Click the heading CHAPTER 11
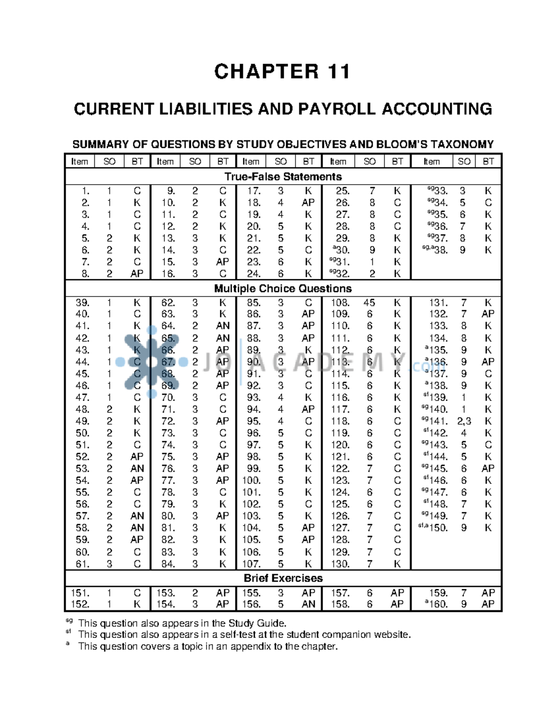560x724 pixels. pos(282,72)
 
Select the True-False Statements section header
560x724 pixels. pos(283,177)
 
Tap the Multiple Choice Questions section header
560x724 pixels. pos(283,289)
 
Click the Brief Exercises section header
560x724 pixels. pos(283,578)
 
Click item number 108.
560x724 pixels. pos(340,303)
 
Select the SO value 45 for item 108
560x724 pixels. pos(369,303)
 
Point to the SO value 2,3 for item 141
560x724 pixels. pos(464,421)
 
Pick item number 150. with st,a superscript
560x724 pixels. pos(438,528)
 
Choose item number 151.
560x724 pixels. pos(80,593)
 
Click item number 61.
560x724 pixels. pos(83,564)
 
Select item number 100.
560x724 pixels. pos(251,480)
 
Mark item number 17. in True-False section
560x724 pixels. pos(253,191)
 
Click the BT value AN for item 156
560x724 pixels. pos(308,604)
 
